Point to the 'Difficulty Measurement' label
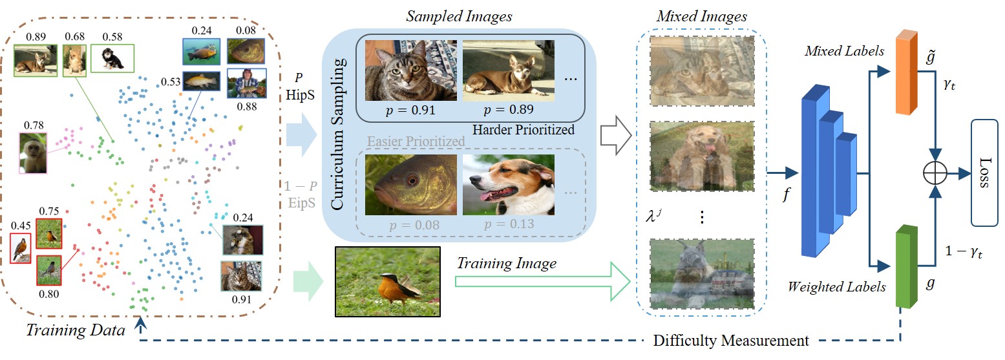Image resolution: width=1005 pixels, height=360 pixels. (731, 339)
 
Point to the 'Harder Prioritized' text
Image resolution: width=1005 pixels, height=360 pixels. (523, 130)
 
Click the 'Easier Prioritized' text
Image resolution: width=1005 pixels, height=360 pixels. (416, 142)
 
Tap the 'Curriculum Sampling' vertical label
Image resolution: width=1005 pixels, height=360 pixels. (339, 134)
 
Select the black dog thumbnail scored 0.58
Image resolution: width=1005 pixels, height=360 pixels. (112, 59)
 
